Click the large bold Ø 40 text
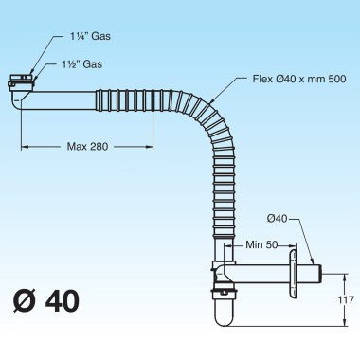click(45, 303)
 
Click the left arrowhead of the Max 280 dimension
click(24, 146)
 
